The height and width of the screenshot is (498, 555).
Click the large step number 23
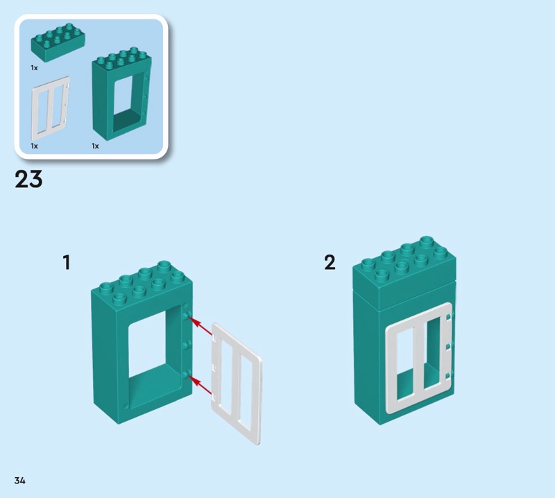pos(28,179)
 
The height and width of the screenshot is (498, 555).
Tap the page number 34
pos(20,480)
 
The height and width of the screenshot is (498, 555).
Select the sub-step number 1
pos(67,263)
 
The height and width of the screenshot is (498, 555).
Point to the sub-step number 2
pos(330,263)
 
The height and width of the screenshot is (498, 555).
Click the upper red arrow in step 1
pos(200,326)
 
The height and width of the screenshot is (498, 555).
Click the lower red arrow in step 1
pos(200,385)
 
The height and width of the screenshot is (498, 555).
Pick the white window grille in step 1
pos(236,384)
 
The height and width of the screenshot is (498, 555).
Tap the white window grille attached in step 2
pos(420,357)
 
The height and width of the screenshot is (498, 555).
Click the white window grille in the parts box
pos(51,109)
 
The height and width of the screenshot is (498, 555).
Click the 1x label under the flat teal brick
pos(34,67)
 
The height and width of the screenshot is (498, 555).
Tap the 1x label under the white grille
pos(34,146)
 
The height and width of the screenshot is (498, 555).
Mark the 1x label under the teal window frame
pos(95,146)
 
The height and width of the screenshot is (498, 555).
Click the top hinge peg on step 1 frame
pos(187,315)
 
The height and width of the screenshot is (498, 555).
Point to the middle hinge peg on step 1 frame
pos(187,344)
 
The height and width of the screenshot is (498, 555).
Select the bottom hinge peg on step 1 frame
pos(187,373)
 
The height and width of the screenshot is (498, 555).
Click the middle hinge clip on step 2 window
pos(449,347)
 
